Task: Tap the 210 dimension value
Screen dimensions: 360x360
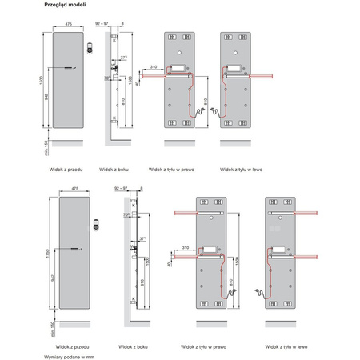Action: (152, 66)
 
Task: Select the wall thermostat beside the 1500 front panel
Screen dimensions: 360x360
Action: (94, 48)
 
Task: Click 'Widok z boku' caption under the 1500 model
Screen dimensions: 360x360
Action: (114, 170)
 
